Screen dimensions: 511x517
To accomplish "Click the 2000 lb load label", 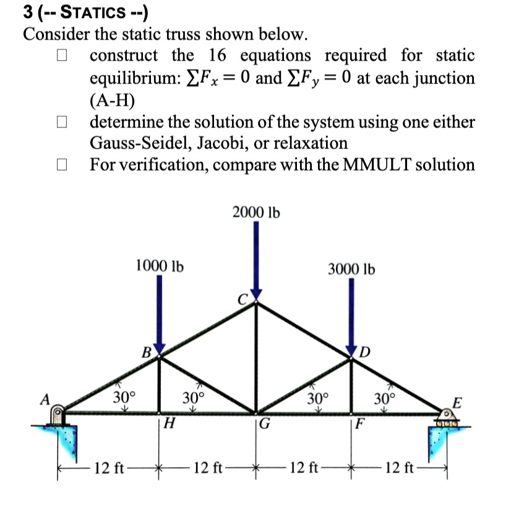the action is pos(256,212).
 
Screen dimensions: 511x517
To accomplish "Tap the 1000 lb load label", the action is pos(160,266).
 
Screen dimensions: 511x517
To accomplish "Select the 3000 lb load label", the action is pos(351,269).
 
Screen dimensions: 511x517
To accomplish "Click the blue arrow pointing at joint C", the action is pos(256,260).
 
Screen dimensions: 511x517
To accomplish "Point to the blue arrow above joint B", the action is pos(160,315).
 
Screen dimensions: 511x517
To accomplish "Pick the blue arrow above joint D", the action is pos(351,317).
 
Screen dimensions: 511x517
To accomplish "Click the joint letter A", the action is pos(45,399).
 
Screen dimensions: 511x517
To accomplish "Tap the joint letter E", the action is pos(457,403).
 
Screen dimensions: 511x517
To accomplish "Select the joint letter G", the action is pos(264,424).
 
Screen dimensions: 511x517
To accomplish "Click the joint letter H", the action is pos(170,423).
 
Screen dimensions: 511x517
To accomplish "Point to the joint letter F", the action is pos(360,424).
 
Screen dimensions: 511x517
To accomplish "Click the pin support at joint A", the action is pos(58,416).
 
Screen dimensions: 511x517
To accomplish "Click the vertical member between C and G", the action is pos(255,357).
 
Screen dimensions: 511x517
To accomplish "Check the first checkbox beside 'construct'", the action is pos(62,56).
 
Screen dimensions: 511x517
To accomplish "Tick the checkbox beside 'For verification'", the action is pos(62,164).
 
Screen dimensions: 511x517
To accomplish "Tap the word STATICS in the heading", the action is pos(93,12).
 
